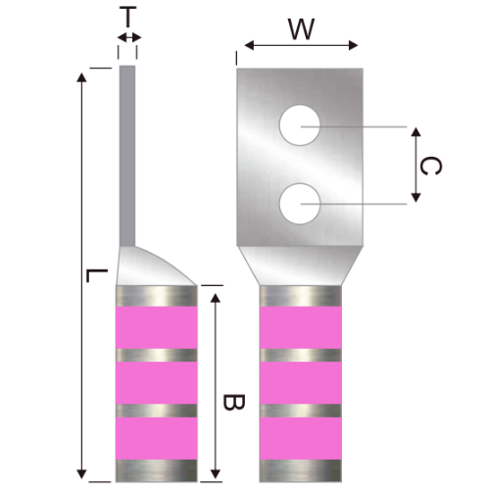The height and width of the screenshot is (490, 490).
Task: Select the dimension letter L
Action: point(90,277)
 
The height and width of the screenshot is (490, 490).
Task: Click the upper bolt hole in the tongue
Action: point(300,127)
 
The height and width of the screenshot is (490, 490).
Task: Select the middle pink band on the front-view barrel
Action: point(300,381)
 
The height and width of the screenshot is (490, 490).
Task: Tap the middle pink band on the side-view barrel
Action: point(157,381)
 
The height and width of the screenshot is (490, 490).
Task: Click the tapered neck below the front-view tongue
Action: point(300,263)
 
